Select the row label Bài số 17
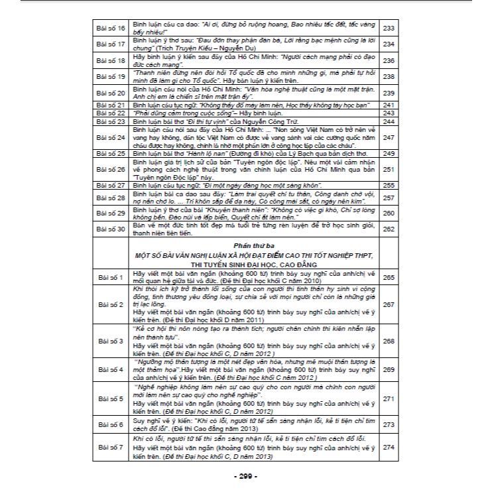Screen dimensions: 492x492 click(111, 44)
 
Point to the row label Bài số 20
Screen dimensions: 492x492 click(111, 92)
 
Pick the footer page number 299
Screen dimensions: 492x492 click(245, 476)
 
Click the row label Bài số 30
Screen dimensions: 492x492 click(111, 229)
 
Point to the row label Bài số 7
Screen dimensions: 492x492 click(111, 448)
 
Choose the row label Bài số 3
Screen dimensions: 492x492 click(111, 341)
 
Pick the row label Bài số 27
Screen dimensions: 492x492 click(111, 185)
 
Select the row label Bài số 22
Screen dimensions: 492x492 click(111, 113)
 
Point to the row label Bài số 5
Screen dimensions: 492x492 click(111, 399)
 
